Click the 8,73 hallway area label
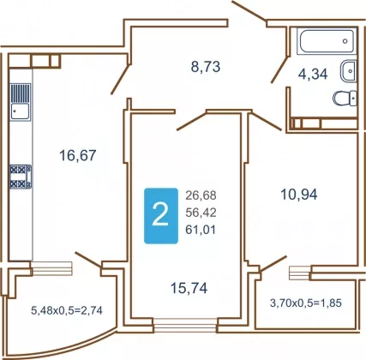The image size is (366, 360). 206,67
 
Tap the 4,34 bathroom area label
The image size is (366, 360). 313,75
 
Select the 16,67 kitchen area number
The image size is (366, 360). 78,156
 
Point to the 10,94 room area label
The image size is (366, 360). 299,195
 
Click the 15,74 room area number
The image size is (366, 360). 189,288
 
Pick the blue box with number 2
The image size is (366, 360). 161,216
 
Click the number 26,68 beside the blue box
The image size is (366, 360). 201,195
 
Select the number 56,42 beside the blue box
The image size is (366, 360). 201,213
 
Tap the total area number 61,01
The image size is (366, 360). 201,230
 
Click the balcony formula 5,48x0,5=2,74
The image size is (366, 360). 67,310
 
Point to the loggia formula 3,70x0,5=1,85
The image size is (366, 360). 306,303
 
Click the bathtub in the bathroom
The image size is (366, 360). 327,41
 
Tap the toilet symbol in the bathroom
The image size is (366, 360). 345,99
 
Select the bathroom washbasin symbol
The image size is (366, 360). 348,70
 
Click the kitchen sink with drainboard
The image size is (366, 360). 21,102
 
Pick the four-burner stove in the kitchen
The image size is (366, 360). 21,177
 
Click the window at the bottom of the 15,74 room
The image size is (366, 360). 185,326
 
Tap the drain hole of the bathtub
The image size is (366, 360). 345,41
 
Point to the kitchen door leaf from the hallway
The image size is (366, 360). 121,79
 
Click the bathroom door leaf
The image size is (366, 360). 280,70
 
